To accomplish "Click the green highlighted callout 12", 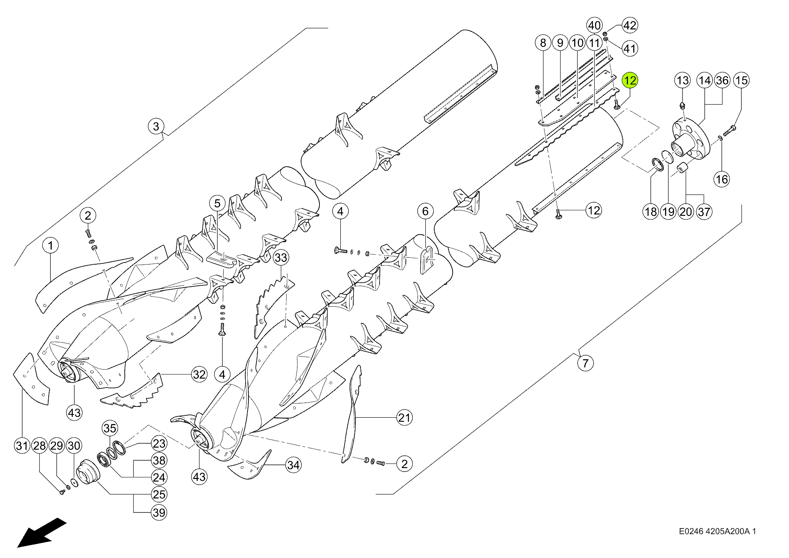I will (x=630, y=81).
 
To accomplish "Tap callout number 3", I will (x=156, y=126).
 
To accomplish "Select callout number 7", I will (x=585, y=363).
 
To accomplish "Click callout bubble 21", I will (x=404, y=418).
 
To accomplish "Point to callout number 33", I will (x=281, y=257).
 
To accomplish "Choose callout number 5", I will (x=217, y=203).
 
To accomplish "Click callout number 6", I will (x=425, y=211).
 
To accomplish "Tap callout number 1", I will (x=51, y=246).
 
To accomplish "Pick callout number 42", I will (x=630, y=25).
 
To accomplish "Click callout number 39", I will (x=159, y=513).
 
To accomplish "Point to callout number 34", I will (x=293, y=465).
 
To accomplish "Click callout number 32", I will (x=199, y=374).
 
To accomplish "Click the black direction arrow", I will (x=41, y=533).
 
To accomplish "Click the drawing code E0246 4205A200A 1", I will (x=717, y=531).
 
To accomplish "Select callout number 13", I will (x=682, y=80).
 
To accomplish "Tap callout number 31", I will (x=22, y=446).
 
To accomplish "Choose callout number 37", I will (x=704, y=212).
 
